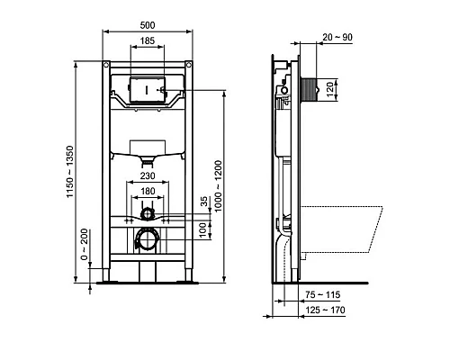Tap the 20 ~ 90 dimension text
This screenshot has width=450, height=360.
pyautogui.click(x=336, y=36)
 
